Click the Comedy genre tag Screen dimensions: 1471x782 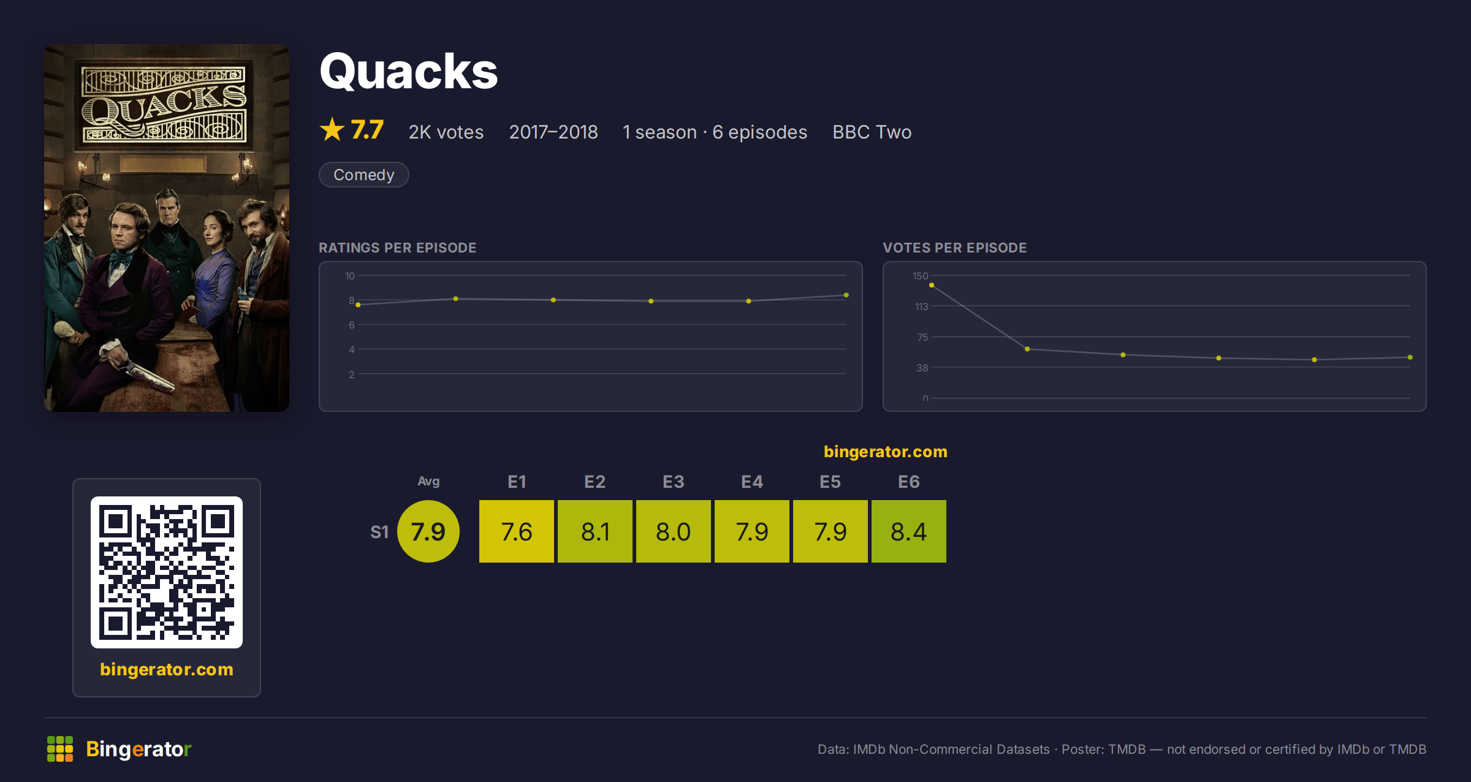[x=363, y=175]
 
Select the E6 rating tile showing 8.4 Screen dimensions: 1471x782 [x=908, y=531]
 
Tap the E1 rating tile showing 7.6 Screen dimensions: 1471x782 [x=516, y=531]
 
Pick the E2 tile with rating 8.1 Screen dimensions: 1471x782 [x=595, y=531]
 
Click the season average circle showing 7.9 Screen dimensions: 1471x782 [x=428, y=531]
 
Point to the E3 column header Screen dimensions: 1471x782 [x=673, y=482]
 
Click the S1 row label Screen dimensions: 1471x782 [x=379, y=532]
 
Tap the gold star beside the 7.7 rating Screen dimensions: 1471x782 [x=332, y=129]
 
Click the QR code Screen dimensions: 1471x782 [x=167, y=572]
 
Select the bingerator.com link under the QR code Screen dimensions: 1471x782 [x=167, y=669]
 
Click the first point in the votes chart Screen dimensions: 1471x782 [x=932, y=285]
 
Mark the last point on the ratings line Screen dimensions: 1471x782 [x=846, y=295]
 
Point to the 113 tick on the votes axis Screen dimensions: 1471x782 [x=921, y=306]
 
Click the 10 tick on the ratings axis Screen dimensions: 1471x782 [x=349, y=276]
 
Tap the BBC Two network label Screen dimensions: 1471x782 [x=872, y=132]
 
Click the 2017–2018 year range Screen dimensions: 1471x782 [x=553, y=132]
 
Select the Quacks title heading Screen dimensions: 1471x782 [x=409, y=72]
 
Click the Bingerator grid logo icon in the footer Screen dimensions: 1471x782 [x=60, y=749]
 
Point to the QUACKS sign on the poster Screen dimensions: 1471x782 [x=164, y=105]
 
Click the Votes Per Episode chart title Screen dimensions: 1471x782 [x=954, y=248]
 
